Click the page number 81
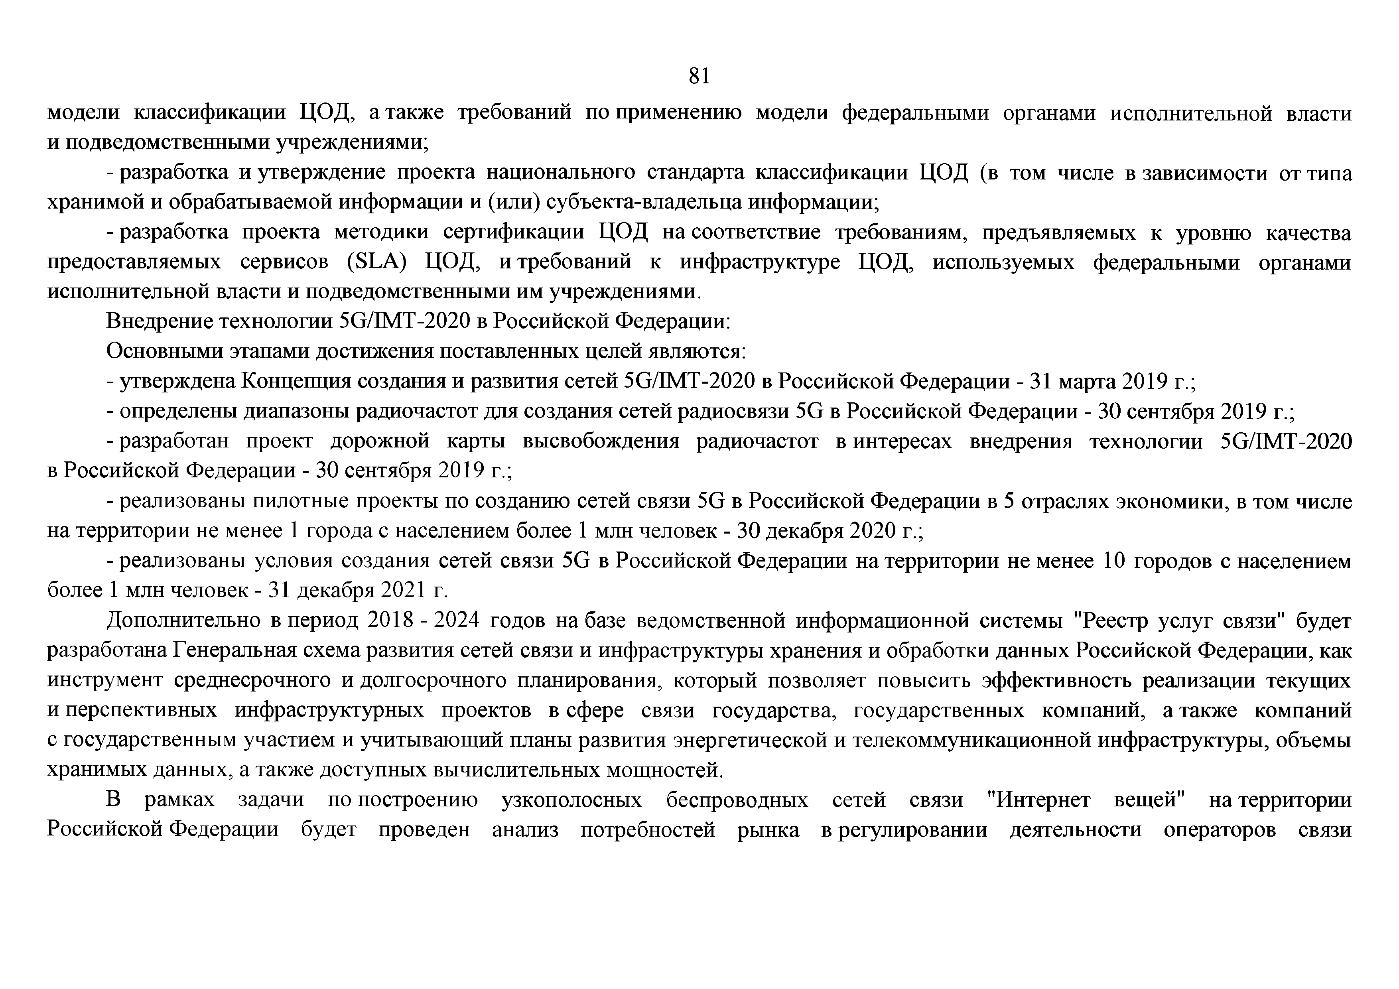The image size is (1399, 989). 699,76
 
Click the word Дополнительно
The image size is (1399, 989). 183,621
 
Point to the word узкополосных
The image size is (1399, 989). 571,800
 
